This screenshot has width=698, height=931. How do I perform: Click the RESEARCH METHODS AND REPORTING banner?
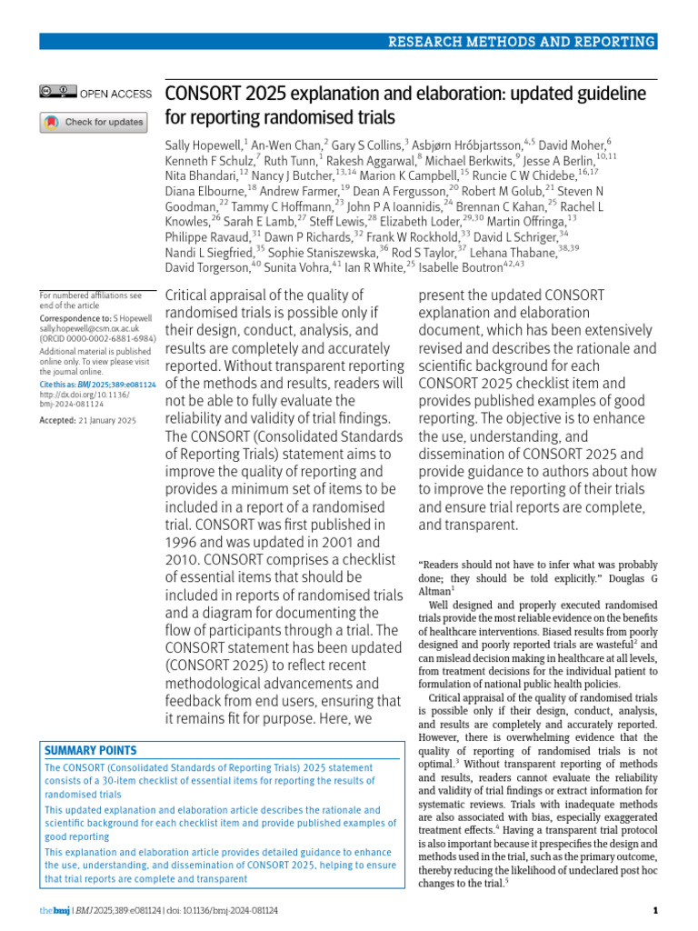pyautogui.click(x=521, y=42)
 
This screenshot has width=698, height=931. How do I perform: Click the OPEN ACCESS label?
pyautogui.click(x=115, y=94)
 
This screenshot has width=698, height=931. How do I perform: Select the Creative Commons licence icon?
pyautogui.click(x=57, y=93)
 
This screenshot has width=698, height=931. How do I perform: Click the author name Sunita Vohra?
pyautogui.click(x=299, y=267)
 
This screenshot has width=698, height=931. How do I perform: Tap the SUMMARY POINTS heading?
pyautogui.click(x=91, y=751)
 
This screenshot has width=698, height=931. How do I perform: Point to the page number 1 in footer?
pyautogui.click(x=655, y=911)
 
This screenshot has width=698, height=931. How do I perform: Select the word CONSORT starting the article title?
pyautogui.click(x=204, y=94)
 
